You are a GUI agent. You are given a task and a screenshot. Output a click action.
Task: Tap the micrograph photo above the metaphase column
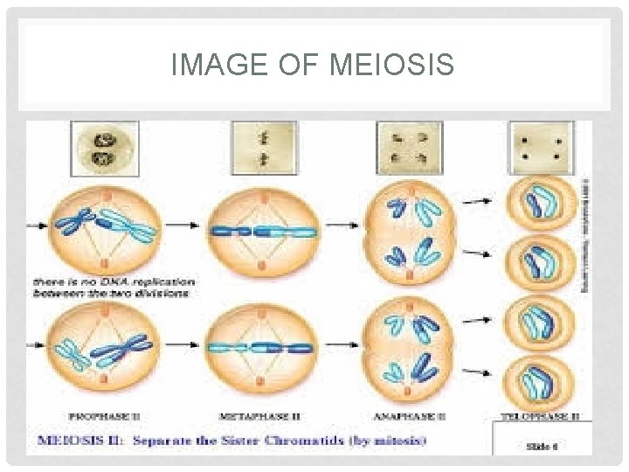[x=259, y=146]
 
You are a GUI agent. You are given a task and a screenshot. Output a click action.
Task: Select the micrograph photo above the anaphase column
[x=408, y=146]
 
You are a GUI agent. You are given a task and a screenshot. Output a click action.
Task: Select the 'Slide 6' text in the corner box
[x=543, y=446]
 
